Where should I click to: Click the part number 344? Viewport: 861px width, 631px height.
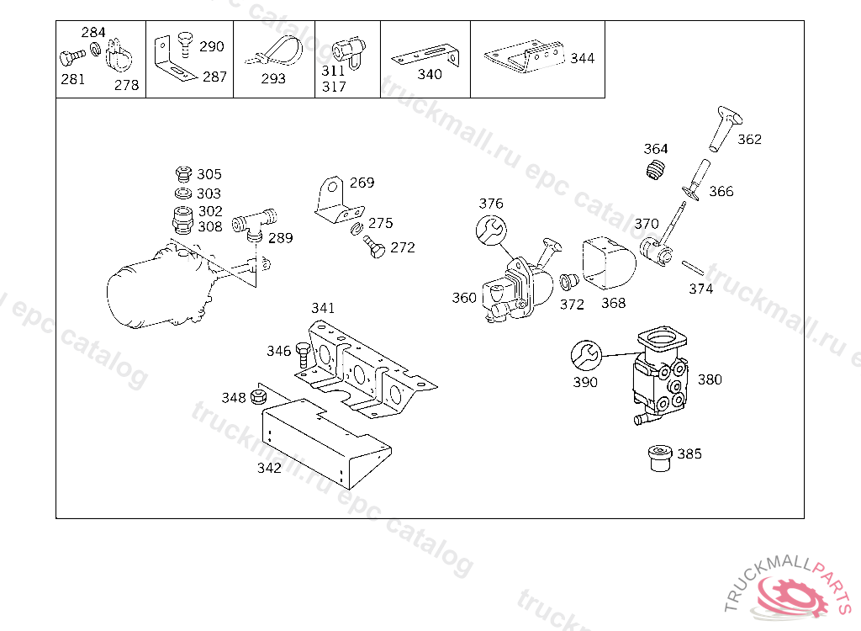(582, 58)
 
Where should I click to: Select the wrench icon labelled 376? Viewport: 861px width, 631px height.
(490, 229)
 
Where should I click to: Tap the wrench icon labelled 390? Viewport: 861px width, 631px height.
(585, 357)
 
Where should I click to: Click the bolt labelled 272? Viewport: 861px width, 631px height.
(374, 248)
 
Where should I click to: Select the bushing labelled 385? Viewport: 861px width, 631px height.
(658, 458)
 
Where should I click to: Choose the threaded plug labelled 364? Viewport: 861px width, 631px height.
(656, 170)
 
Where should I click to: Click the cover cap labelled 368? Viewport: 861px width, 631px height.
(607, 265)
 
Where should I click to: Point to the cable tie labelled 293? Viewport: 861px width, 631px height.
(273, 54)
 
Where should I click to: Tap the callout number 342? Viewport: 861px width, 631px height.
(269, 468)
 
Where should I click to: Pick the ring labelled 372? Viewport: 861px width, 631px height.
(569, 281)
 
